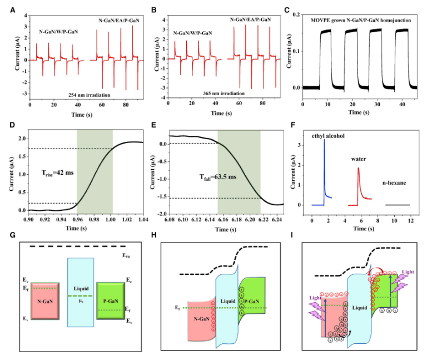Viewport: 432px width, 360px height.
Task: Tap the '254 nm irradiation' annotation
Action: pos(78,95)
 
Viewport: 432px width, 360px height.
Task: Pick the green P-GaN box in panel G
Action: pos(112,300)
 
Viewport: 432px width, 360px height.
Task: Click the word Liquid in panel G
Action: pos(82,289)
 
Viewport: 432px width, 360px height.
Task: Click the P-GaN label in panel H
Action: pos(252,302)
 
